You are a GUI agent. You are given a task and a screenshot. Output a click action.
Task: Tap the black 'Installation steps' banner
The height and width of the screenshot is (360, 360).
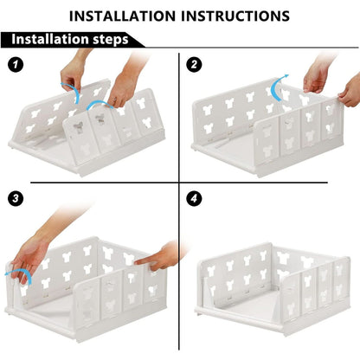[x=65, y=39]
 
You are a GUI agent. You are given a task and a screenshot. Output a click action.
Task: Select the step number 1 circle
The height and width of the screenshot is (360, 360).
[x=15, y=64]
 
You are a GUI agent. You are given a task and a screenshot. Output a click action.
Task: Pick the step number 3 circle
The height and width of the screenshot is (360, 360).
[x=15, y=198]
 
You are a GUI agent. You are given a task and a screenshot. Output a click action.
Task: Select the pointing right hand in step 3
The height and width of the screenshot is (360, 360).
[x=156, y=257]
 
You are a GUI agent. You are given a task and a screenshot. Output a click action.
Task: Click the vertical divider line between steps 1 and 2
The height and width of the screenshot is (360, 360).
[x=180, y=117]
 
